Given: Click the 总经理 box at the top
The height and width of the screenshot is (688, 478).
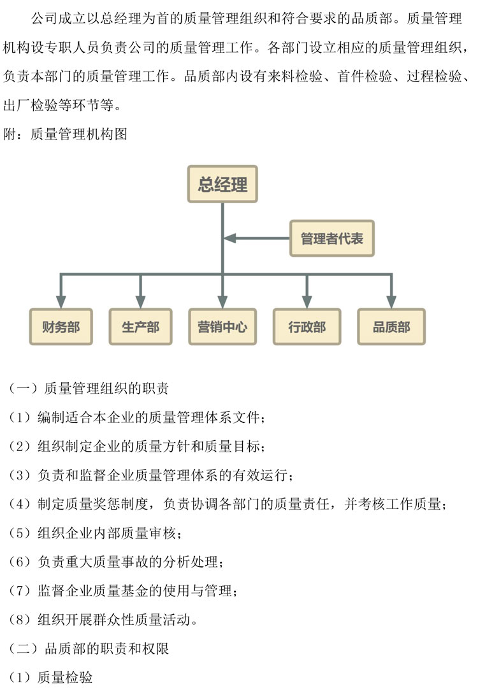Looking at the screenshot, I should (222, 185).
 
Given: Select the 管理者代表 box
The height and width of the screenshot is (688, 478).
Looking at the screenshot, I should (331, 239).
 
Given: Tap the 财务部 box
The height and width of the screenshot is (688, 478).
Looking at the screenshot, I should (61, 327).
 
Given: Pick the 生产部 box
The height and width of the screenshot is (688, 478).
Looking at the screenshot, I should (140, 327).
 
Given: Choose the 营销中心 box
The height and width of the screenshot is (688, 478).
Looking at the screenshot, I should (222, 327).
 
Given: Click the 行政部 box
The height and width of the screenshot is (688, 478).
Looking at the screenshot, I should (307, 327).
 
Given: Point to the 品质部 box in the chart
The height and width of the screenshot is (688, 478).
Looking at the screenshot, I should (391, 327).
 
